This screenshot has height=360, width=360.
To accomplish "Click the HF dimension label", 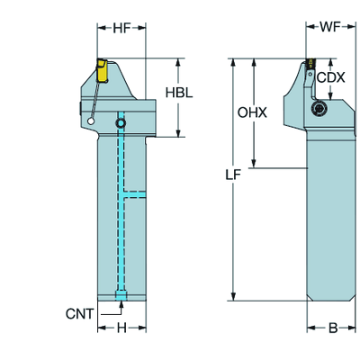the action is [x=121, y=28].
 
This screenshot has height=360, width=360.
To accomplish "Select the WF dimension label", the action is [x=330, y=27].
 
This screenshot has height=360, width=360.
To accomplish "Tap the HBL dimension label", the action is [x=179, y=93].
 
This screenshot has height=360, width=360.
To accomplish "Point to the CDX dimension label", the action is [x=331, y=77].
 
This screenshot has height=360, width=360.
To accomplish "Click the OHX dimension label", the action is [x=252, y=112].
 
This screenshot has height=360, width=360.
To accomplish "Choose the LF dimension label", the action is [x=233, y=175].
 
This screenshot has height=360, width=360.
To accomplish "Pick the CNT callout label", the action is [x=80, y=314].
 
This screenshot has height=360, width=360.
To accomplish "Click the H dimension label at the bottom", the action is [x=121, y=328].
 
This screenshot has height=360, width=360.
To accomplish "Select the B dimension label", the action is [x=333, y=328].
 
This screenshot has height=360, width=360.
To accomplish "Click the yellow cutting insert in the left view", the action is [x=102, y=70].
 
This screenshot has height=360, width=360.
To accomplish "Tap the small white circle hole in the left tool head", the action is [x=91, y=121].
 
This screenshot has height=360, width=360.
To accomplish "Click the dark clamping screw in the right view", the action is [x=319, y=109].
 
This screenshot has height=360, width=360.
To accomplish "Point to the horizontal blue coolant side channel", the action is [x=135, y=194].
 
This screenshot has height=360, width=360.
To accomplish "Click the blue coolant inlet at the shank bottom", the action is [x=121, y=295].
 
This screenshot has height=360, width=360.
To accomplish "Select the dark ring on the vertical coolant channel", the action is [x=121, y=123].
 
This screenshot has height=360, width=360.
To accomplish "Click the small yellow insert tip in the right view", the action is [x=311, y=62].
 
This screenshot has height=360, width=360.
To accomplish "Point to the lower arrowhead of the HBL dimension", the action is [x=178, y=133].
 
